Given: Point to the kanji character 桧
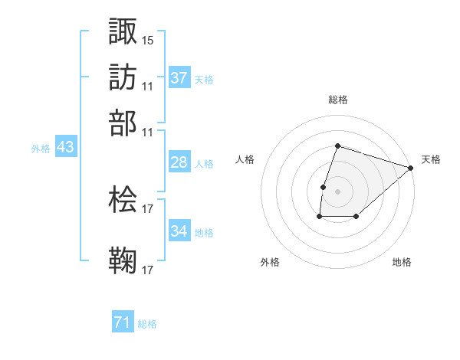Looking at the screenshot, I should tap(123, 199).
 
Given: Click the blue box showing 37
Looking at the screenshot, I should tap(179, 78).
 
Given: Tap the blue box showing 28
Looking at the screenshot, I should tap(179, 162).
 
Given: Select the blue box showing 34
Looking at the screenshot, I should tap(179, 231).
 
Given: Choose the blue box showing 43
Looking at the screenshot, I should tap(65, 147).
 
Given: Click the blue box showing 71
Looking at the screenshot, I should tap(123, 322).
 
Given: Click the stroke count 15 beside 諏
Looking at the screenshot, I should tap(148, 39).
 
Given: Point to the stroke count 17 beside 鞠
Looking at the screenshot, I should tap(148, 270).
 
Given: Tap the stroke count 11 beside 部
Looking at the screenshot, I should tap(148, 131).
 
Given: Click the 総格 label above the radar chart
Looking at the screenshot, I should tap(338, 100).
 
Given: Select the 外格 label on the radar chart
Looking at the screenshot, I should tap(270, 262).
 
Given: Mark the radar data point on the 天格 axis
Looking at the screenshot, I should tap(412, 168).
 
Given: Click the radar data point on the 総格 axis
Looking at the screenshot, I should tap(338, 146).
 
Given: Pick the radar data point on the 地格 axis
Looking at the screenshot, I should tap(356, 218).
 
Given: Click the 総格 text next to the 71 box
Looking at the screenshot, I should tap(147, 324).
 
